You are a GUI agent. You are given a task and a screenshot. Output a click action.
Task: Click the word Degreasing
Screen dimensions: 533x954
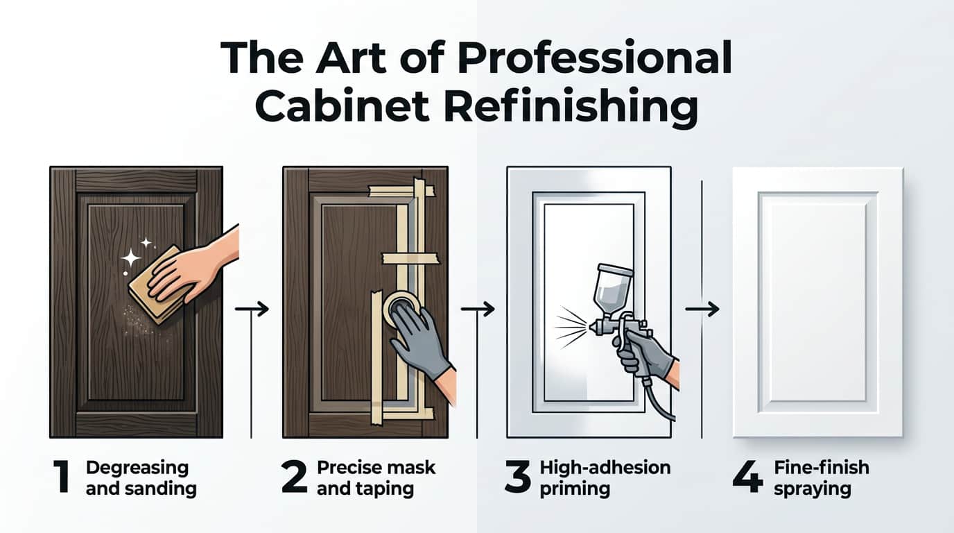pos(137,468)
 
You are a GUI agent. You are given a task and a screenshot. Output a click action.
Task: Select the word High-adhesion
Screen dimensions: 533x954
pos(605,468)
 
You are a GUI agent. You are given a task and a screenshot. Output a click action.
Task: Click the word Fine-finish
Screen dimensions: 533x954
pos(821,468)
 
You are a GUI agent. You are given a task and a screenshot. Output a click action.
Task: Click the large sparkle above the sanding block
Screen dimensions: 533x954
pos(130,259)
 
